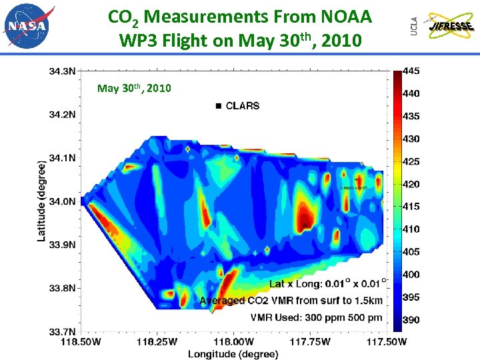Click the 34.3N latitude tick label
coord(62,70)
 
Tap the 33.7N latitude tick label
coord(62,331)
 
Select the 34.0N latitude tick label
coord(62,201)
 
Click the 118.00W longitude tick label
coord(233,342)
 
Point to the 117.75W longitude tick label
coord(311,342)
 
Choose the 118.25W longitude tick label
coord(156,342)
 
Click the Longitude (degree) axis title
coord(233,354)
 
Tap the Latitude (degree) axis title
coord(41,201)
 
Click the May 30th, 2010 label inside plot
coord(133,88)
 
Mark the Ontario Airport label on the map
coord(353,188)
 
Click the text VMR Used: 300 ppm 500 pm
coord(317,317)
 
